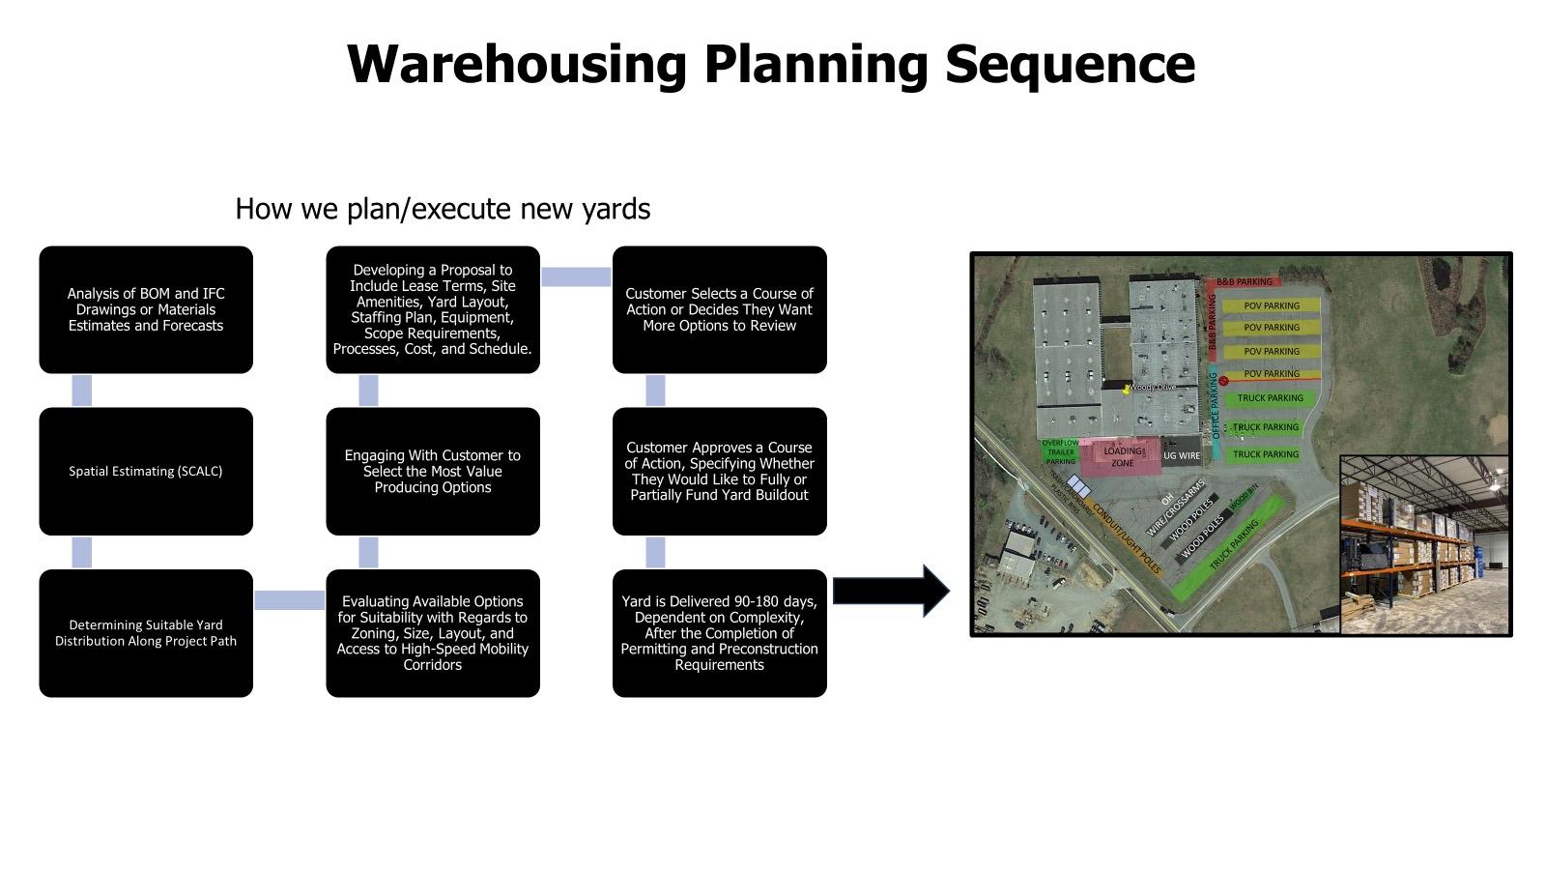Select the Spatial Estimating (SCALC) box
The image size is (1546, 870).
coord(146,471)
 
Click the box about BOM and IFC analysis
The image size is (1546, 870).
coord(146,309)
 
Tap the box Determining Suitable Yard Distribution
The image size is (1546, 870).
coord(146,633)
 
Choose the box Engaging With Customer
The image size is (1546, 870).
coord(433,471)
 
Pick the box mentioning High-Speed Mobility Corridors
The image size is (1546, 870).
coord(433,633)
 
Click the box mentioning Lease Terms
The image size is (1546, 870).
coord(433,309)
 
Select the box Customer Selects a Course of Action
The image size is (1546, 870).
coord(720,309)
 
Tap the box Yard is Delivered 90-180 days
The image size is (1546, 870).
coord(720,633)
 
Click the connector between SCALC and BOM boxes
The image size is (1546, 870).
coord(82,391)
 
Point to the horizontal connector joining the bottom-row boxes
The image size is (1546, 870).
coord(289,600)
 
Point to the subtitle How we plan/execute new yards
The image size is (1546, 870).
coord(443,209)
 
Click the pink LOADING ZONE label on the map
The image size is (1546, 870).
coord(1122,456)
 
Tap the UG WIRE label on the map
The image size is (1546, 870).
coord(1181,455)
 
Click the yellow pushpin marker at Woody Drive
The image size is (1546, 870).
coord(1127,389)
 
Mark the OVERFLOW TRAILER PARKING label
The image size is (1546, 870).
coord(1060,452)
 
